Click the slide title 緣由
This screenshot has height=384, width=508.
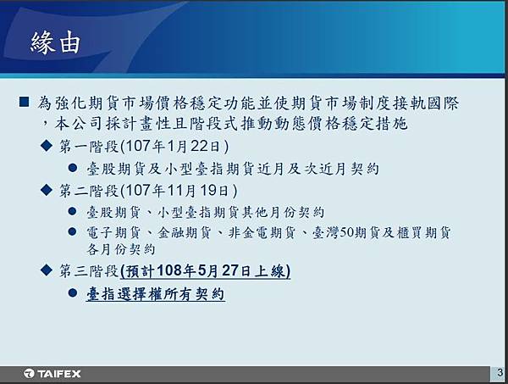coord(55,42)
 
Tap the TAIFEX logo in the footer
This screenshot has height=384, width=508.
coord(52,374)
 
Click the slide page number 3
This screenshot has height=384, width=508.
coord(500,372)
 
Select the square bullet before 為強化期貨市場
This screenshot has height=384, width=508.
coord(24,103)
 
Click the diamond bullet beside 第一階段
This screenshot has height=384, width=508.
coord(47,146)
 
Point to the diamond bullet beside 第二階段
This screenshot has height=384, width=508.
coord(47,190)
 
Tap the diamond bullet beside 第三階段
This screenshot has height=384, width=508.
coord(47,270)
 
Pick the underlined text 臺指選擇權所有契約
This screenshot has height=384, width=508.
coord(156,294)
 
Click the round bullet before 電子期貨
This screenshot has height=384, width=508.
coord(73,231)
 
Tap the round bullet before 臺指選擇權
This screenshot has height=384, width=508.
coord(73,292)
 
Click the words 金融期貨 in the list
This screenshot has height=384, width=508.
coord(184,232)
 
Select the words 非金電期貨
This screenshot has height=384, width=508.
coord(262,232)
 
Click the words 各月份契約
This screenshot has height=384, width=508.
coord(120,249)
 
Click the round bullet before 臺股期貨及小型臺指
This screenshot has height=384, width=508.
coord(73,168)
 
